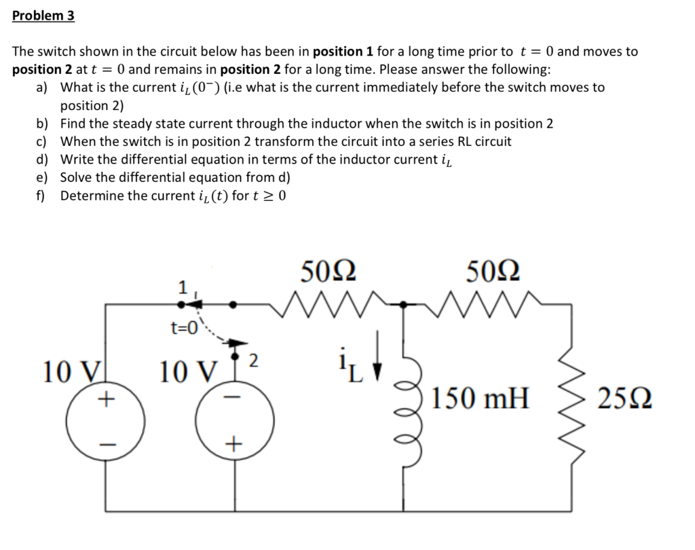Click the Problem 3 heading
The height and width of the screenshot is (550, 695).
(43, 16)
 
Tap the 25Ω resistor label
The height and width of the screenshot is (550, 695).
(626, 398)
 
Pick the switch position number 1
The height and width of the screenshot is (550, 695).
(182, 288)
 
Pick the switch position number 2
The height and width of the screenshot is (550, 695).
(253, 361)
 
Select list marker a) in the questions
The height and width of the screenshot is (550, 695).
(42, 88)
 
